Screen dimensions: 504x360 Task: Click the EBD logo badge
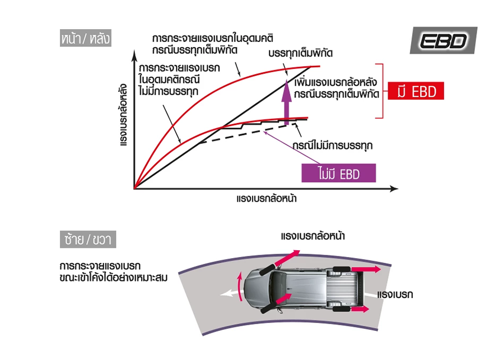click(444, 40)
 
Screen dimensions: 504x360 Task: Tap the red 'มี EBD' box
click(416, 91)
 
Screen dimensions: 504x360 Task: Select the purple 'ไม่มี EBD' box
click(338, 173)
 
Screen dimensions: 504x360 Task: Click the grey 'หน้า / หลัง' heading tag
click(86, 38)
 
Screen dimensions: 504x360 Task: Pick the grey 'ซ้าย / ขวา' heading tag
click(88, 239)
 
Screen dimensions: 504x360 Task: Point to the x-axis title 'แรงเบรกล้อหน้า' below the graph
click(267, 198)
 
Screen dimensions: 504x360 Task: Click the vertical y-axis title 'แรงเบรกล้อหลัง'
click(123, 115)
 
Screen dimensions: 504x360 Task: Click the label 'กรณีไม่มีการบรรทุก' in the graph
click(332, 145)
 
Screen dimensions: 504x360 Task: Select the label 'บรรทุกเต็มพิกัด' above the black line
click(301, 53)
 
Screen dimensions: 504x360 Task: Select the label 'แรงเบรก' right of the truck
click(395, 294)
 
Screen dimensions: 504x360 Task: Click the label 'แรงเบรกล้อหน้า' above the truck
click(312, 236)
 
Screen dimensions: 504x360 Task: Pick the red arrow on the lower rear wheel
click(360, 309)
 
